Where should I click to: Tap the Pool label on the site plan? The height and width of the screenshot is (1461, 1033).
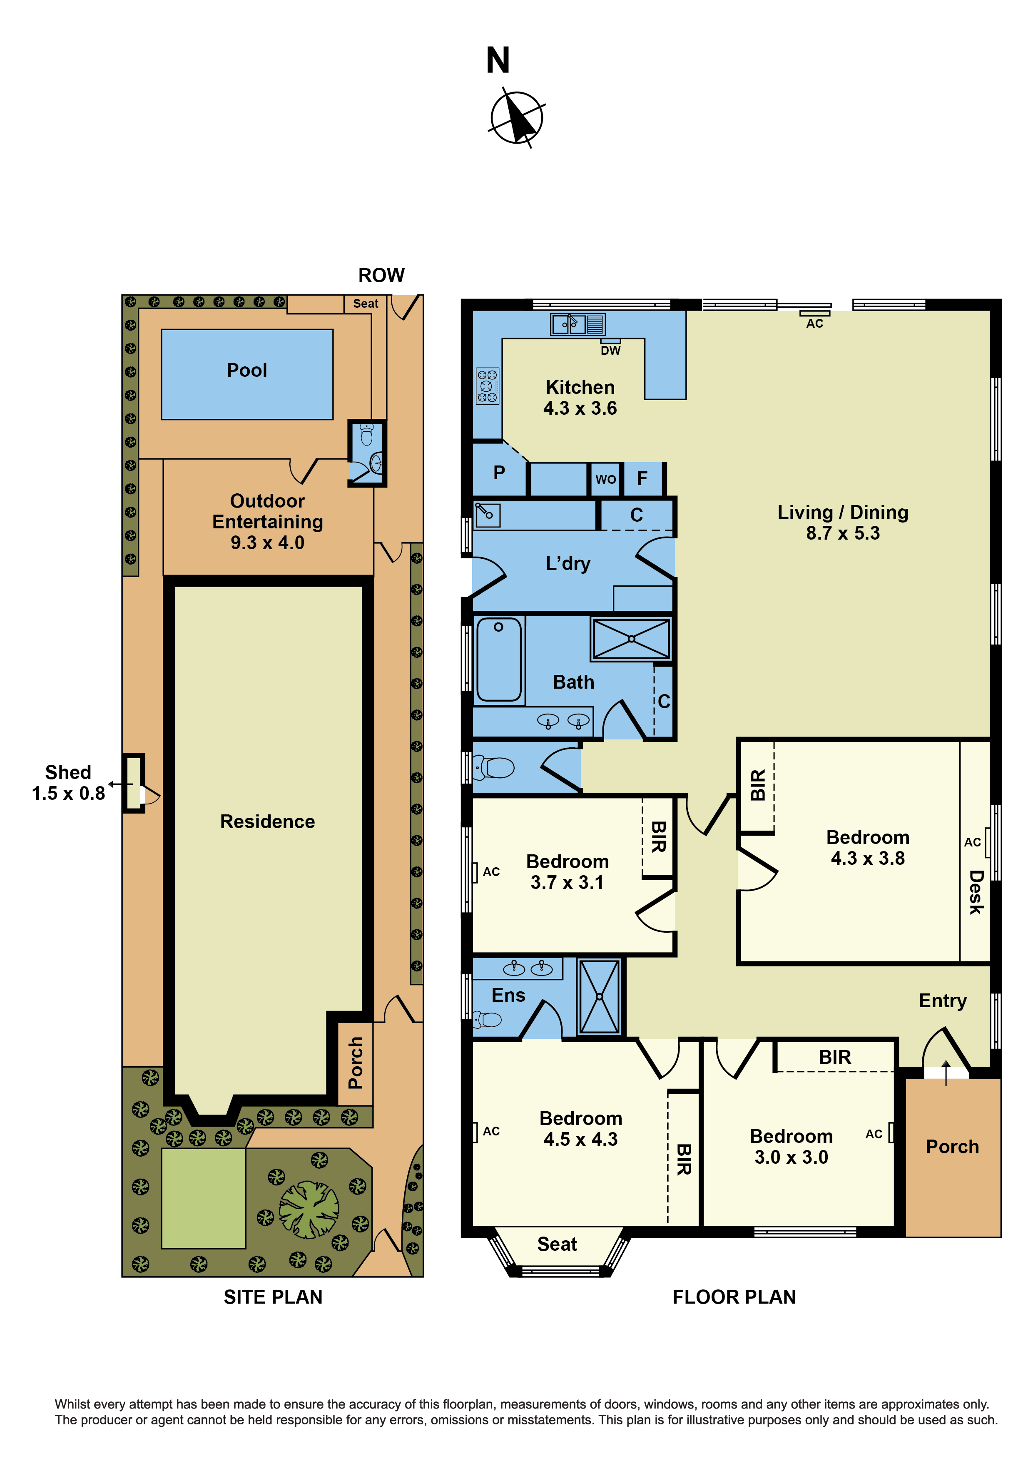click(247, 370)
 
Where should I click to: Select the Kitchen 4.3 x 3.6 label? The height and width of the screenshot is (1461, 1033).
click(580, 398)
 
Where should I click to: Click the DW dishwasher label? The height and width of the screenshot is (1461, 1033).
click(610, 351)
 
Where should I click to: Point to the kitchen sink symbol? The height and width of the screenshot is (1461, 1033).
click(577, 324)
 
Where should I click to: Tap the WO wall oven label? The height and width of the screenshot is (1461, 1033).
click(605, 479)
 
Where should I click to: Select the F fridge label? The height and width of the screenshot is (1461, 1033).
click(642, 478)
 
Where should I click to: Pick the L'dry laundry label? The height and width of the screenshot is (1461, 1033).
click(568, 564)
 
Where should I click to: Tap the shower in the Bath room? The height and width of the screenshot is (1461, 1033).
click(631, 639)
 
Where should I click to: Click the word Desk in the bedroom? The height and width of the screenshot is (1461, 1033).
click(976, 893)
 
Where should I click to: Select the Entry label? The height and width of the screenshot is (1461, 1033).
click(943, 1001)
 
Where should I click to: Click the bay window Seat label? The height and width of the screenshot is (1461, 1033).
click(557, 1244)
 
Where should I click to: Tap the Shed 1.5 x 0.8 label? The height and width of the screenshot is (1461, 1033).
click(68, 783)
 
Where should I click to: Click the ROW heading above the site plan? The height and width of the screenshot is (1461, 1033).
click(381, 276)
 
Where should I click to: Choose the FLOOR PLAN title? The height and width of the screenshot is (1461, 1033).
click(734, 1297)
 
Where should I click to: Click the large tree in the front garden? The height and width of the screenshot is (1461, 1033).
click(309, 1210)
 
